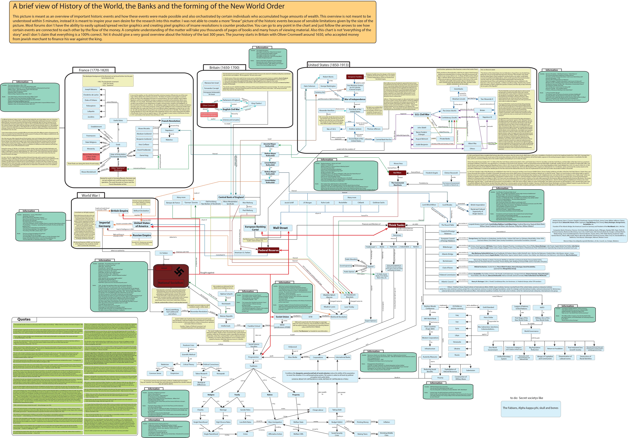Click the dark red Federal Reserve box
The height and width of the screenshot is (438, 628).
268,250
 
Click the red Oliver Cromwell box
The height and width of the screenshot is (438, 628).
209,105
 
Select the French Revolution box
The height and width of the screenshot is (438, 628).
171,121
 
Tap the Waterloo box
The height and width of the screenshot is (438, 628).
169,140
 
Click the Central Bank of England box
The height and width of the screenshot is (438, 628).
231,197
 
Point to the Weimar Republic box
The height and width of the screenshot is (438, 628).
226,316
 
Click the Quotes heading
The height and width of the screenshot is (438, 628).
24,319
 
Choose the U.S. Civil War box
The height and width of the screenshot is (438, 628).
422,115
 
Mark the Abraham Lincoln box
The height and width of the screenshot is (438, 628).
459,99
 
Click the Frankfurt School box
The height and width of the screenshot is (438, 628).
254,326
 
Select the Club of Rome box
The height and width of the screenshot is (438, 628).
447,268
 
